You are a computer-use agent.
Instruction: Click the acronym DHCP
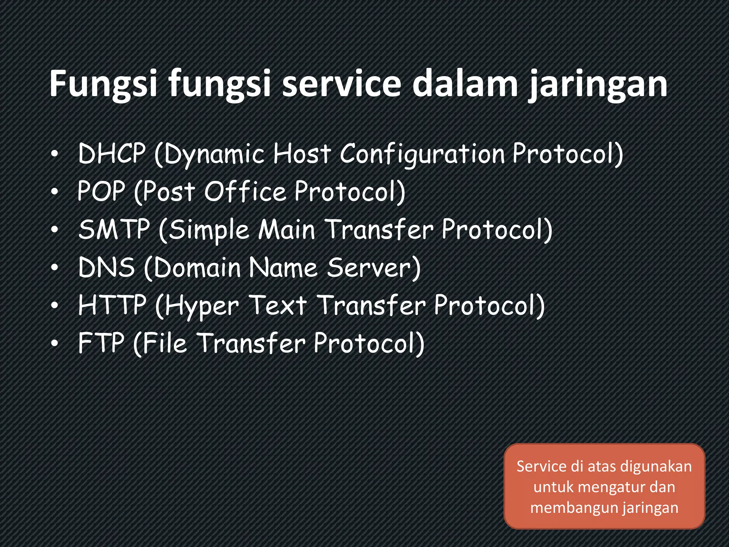coord(112,153)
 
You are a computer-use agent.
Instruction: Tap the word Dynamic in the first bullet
coord(214,155)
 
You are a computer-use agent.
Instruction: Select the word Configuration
coord(422,155)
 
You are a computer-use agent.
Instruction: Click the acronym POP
coord(101,191)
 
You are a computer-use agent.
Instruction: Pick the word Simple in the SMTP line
coord(209,231)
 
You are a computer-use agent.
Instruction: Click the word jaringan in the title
coord(598,85)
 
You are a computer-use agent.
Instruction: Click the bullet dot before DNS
coord(54,268)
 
